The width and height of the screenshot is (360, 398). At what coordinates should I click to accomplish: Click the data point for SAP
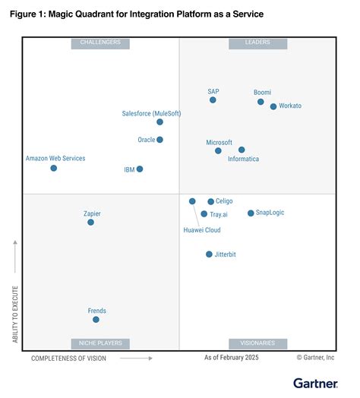213,100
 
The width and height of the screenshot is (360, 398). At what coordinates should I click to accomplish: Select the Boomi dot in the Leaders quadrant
261,102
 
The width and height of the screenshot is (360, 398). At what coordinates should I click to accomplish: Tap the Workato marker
273,106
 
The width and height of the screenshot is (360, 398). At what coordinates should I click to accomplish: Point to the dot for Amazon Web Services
54,168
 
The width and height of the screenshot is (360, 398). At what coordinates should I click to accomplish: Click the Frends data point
96,320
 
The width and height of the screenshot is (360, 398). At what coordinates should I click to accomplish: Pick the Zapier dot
90,223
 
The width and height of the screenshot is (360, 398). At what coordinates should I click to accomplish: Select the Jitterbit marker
209,254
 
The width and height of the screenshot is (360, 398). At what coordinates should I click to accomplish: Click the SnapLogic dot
251,213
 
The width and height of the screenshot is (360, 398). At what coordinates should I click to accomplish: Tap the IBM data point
140,169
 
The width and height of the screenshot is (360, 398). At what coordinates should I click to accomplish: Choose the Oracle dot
159,140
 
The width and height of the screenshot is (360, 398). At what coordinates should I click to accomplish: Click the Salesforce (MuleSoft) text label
152,113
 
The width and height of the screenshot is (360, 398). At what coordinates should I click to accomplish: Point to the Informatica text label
244,159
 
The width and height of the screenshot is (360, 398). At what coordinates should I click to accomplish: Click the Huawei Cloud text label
202,229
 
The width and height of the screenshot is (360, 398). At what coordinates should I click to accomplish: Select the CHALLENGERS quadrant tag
100,43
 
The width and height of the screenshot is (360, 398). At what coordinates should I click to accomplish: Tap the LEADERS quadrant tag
258,43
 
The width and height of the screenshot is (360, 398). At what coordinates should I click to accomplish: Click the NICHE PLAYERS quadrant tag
100,343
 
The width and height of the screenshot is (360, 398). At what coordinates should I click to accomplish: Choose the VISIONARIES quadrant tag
258,343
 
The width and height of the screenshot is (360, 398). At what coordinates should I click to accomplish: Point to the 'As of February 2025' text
231,357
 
